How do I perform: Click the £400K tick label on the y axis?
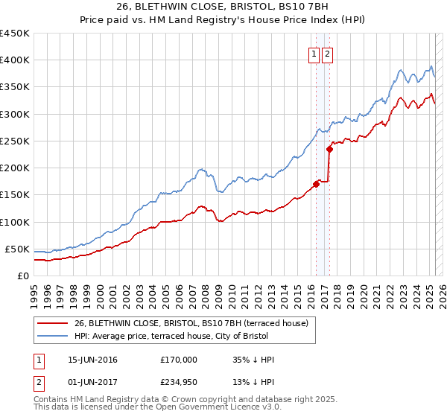pyautogui.click(x=14, y=60)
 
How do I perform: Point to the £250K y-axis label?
pyautogui.click(x=14, y=141)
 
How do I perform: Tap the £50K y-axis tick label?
pyautogui.click(x=17, y=249)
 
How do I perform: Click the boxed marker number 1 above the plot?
pyautogui.click(x=314, y=54)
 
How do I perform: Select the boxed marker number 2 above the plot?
pyautogui.click(x=328, y=54)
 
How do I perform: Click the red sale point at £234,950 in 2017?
pyautogui.click(x=329, y=149)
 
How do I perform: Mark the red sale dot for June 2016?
pyautogui.click(x=316, y=184)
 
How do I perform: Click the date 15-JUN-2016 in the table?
pyautogui.click(x=92, y=360)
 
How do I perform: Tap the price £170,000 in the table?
pyautogui.click(x=179, y=360)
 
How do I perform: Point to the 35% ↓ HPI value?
pyautogui.click(x=253, y=360)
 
